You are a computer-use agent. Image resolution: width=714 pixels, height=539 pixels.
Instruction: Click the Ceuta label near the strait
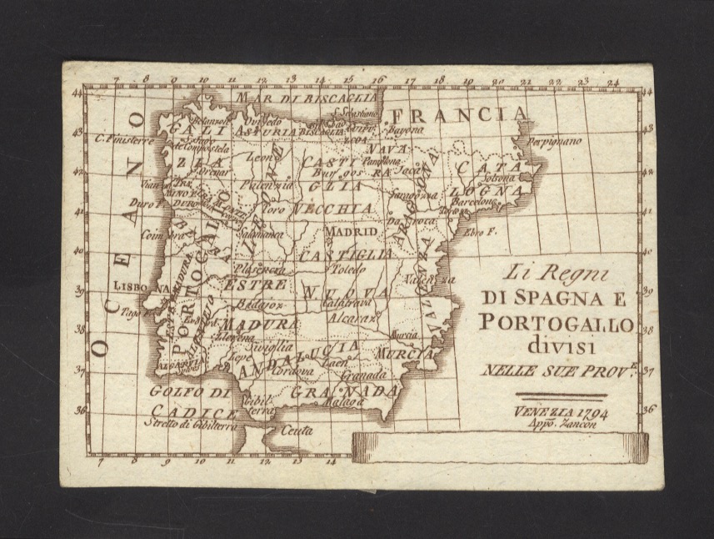click(x=297, y=431)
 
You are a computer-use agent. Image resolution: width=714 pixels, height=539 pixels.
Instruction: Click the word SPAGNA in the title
click(x=557, y=296)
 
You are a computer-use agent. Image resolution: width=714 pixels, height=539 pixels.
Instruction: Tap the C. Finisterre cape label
click(x=123, y=139)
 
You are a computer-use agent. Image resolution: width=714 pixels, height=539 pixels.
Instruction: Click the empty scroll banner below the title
click(x=500, y=448)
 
